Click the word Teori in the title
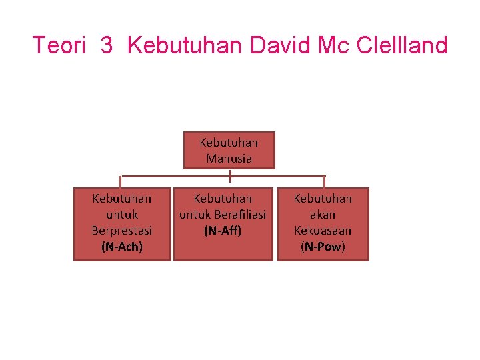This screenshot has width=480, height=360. pyautogui.click(x=59, y=46)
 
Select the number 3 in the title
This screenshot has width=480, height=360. pyautogui.click(x=107, y=46)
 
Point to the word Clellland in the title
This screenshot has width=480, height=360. pyautogui.click(x=402, y=46)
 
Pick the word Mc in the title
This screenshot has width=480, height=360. pyautogui.click(x=334, y=46)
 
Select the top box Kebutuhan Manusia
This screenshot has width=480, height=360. pyautogui.click(x=229, y=150)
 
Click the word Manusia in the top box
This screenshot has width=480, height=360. pyautogui.click(x=229, y=159)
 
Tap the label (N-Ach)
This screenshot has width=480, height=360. pyautogui.click(x=122, y=247)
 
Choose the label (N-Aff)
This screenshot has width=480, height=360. pyautogui.click(x=223, y=231)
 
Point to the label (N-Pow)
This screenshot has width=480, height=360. pyautogui.click(x=323, y=247)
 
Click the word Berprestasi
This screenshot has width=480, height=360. pyautogui.click(x=122, y=231)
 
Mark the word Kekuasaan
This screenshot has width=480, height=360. pyautogui.click(x=323, y=231)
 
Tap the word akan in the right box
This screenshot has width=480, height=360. pyautogui.click(x=323, y=215)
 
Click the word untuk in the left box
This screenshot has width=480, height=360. pyautogui.click(x=122, y=215)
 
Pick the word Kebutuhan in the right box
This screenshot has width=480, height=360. pyautogui.click(x=323, y=199)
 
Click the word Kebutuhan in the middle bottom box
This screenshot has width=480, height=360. pyautogui.click(x=223, y=199)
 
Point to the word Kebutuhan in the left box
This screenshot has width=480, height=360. pyautogui.click(x=122, y=199)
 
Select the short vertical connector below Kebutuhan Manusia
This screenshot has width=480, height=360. pyautogui.click(x=229, y=175)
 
